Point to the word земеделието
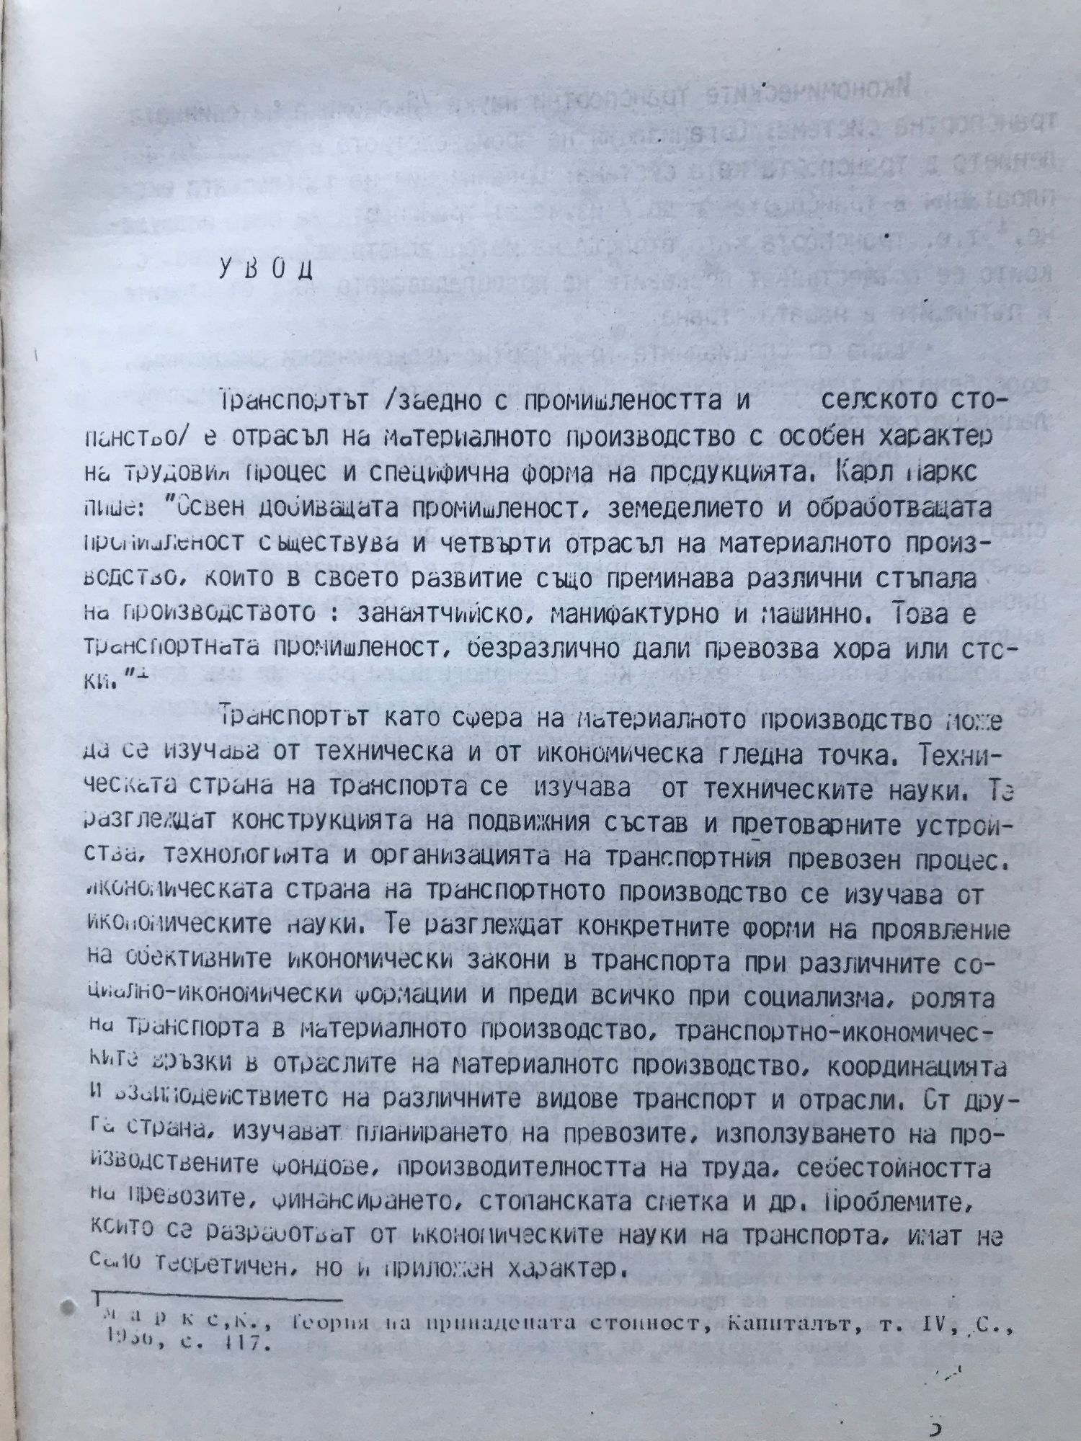685,508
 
